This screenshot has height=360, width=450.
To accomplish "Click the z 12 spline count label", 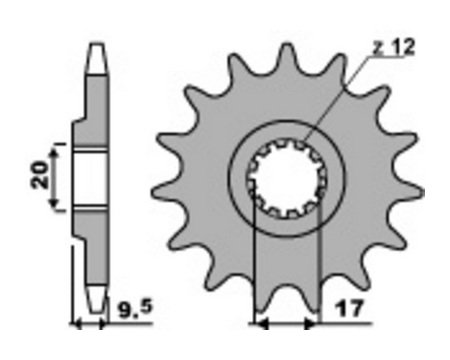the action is point(394,47).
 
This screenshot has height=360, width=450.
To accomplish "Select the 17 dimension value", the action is point(349,309).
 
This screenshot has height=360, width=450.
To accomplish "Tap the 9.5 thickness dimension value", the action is point(135,309).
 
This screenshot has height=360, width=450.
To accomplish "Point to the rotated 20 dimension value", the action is point(40,175).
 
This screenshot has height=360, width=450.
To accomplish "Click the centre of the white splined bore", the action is point(287,179).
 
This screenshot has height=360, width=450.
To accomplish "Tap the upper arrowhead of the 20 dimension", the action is point(54,154).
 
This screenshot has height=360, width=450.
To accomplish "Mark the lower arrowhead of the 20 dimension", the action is point(54,202).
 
